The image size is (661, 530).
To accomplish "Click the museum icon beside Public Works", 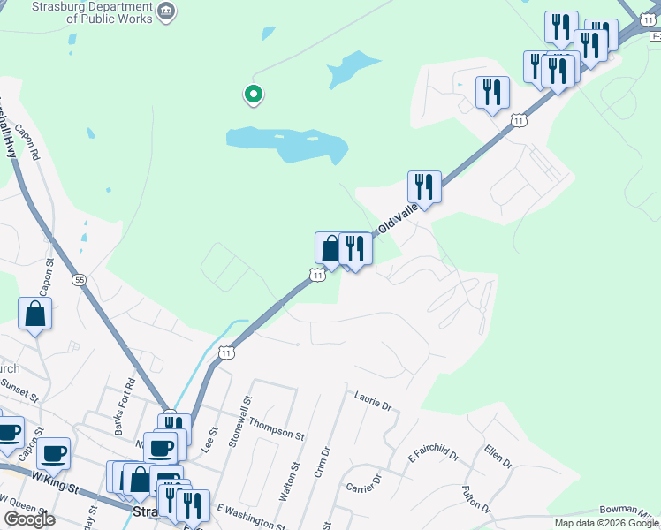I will coord(165,11).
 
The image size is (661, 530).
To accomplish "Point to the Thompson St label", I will coord(276,429).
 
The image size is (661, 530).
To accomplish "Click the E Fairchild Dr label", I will coord(433,456).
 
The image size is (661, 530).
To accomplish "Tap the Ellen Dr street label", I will coord(498,457).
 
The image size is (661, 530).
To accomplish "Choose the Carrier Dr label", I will coord(362,483).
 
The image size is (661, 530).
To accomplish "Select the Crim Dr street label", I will coord(321,461).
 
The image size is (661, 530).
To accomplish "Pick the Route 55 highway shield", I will coord(80,279).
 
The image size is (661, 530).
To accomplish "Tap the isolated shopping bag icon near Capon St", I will coord(34,314).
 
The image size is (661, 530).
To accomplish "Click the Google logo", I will coord(29,519).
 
